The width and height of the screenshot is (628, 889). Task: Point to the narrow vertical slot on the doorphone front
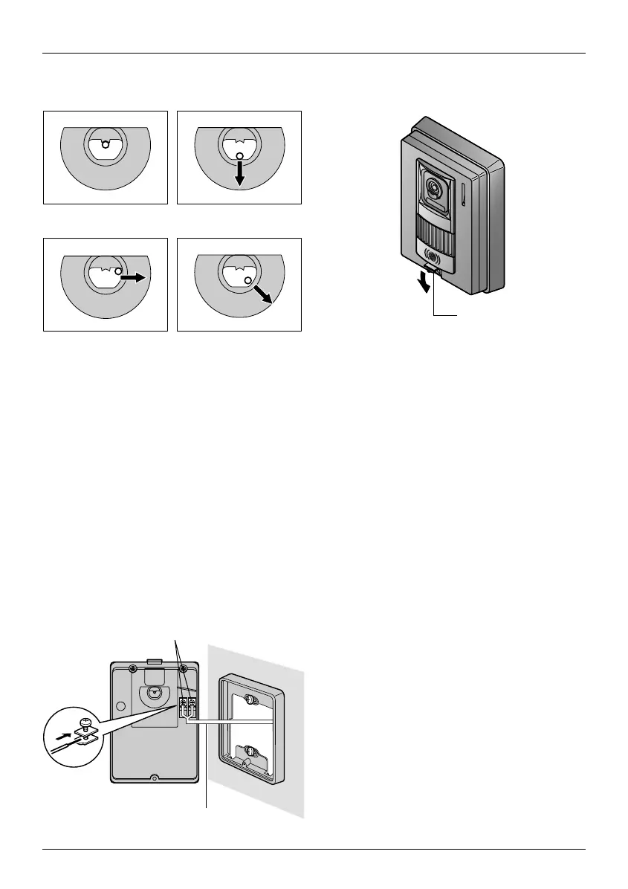click(x=462, y=195)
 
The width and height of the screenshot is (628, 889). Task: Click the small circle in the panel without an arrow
click(x=106, y=145)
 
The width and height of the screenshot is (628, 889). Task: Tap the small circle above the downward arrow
click(x=239, y=156)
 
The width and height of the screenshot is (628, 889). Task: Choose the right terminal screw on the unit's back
click(x=192, y=702)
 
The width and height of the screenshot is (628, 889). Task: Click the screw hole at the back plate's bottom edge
click(x=154, y=779)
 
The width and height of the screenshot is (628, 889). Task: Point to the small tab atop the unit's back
click(x=155, y=659)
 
